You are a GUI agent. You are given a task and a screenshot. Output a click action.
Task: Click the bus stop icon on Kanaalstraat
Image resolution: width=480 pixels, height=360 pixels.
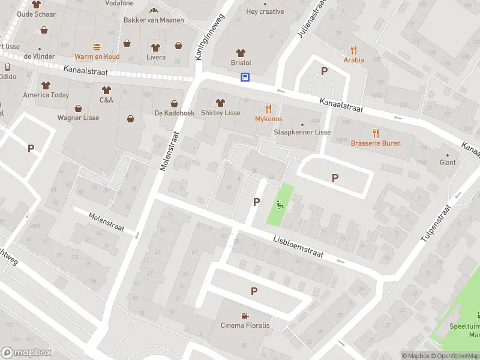245,77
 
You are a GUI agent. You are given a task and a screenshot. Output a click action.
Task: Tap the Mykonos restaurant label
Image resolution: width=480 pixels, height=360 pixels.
268,119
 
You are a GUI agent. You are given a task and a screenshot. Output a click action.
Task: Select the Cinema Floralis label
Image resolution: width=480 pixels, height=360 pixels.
245,325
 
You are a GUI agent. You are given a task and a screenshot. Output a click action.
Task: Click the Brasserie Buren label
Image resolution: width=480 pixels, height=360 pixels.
376,143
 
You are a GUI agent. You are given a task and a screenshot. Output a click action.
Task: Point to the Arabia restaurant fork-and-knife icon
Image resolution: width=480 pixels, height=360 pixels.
354,50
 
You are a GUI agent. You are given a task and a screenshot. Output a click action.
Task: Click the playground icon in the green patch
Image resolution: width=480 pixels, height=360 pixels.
280,204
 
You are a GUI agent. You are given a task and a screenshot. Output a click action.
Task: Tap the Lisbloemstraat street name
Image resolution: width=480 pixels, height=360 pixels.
298,245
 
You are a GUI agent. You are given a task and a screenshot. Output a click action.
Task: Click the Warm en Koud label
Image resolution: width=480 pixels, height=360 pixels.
97,56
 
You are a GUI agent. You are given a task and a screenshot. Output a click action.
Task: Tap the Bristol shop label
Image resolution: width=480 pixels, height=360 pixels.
241,62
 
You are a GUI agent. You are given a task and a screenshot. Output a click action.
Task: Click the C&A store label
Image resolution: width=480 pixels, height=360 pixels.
106,100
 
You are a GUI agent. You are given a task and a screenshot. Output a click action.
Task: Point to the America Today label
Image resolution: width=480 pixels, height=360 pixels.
46,95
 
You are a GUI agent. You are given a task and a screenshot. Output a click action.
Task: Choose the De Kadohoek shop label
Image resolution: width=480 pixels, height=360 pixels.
174,113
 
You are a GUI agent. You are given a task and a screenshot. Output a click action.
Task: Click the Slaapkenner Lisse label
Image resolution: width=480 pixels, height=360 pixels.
302,132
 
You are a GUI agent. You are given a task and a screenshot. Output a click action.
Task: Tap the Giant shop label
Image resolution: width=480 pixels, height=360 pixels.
448,162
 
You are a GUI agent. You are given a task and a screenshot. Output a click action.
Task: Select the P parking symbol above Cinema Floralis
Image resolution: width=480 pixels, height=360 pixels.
254,291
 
